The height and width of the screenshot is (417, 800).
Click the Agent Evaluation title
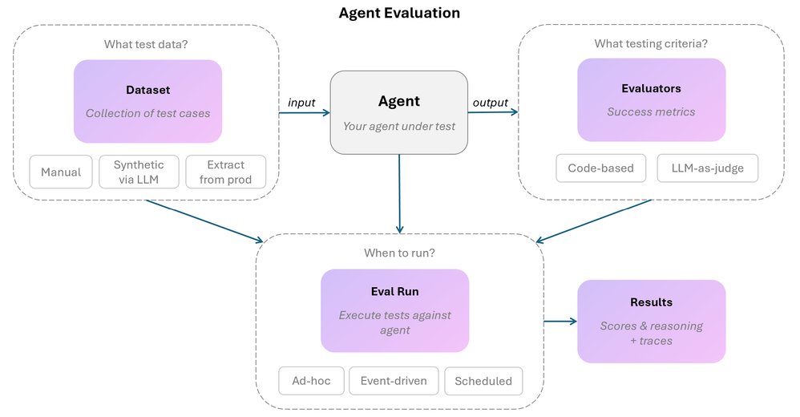click(399, 13)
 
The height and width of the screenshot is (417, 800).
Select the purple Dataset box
click(147, 101)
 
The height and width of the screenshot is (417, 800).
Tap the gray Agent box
click(399, 112)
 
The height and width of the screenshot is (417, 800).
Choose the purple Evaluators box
click(651, 100)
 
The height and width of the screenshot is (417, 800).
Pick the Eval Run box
click(394, 310)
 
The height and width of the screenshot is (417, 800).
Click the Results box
click(651, 321)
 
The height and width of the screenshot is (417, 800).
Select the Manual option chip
click(60, 172)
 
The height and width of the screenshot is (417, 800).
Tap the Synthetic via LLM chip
click(139, 172)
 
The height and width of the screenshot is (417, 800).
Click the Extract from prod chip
click(225, 172)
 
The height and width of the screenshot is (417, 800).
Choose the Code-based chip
click(600, 168)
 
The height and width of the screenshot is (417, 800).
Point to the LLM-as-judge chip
click(707, 168)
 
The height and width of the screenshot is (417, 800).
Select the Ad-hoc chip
click(311, 381)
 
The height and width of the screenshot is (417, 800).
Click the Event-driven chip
click(394, 381)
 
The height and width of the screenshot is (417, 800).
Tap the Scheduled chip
click(483, 381)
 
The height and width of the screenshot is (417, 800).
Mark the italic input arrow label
click(301, 103)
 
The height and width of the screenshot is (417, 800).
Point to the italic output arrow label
click(491, 103)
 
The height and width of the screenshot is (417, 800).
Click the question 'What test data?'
click(146, 44)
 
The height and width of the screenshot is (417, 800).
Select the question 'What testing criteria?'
click(651, 43)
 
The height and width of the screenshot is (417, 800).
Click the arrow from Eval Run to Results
click(560, 322)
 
